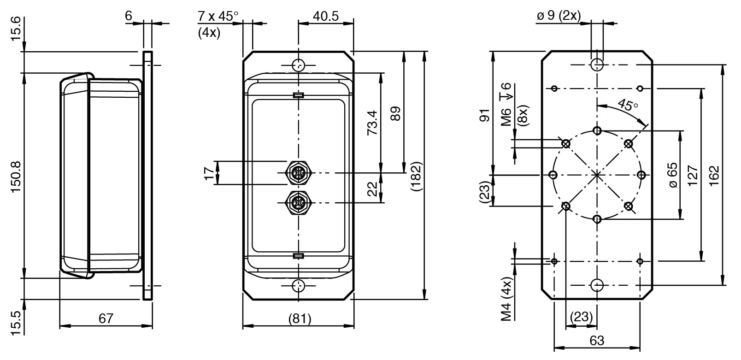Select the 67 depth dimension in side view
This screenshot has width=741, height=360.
106,319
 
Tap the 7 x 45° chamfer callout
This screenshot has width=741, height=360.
218,17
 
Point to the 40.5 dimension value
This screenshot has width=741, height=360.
326,17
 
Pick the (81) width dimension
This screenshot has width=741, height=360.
298,319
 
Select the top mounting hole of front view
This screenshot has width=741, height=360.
299,65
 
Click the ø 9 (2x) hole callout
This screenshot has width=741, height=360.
559,16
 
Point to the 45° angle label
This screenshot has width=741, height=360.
628,104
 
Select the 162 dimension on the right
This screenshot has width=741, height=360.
714,175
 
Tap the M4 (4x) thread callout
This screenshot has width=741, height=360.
507,299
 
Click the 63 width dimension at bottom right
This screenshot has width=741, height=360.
597,341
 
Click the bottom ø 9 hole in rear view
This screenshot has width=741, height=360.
597,285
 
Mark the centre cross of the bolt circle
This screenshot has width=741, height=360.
597,175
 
